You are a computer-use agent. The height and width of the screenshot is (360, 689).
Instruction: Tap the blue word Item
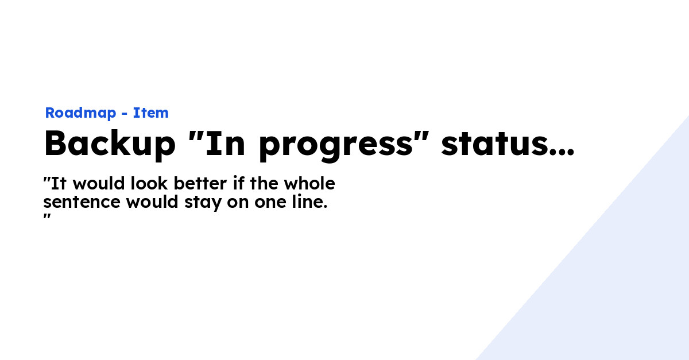[151, 113]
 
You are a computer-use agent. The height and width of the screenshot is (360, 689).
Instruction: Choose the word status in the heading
[494, 145]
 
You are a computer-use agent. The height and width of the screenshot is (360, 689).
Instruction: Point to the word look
[150, 184]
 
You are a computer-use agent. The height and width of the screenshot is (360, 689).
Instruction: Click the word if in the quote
[237, 184]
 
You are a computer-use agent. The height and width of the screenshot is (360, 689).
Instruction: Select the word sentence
[82, 203]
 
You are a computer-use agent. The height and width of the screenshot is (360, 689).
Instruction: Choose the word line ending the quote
[308, 203]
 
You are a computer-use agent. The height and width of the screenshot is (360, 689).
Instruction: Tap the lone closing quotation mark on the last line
[48, 217]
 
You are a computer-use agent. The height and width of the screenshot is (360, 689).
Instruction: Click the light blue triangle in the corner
[620, 287]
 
